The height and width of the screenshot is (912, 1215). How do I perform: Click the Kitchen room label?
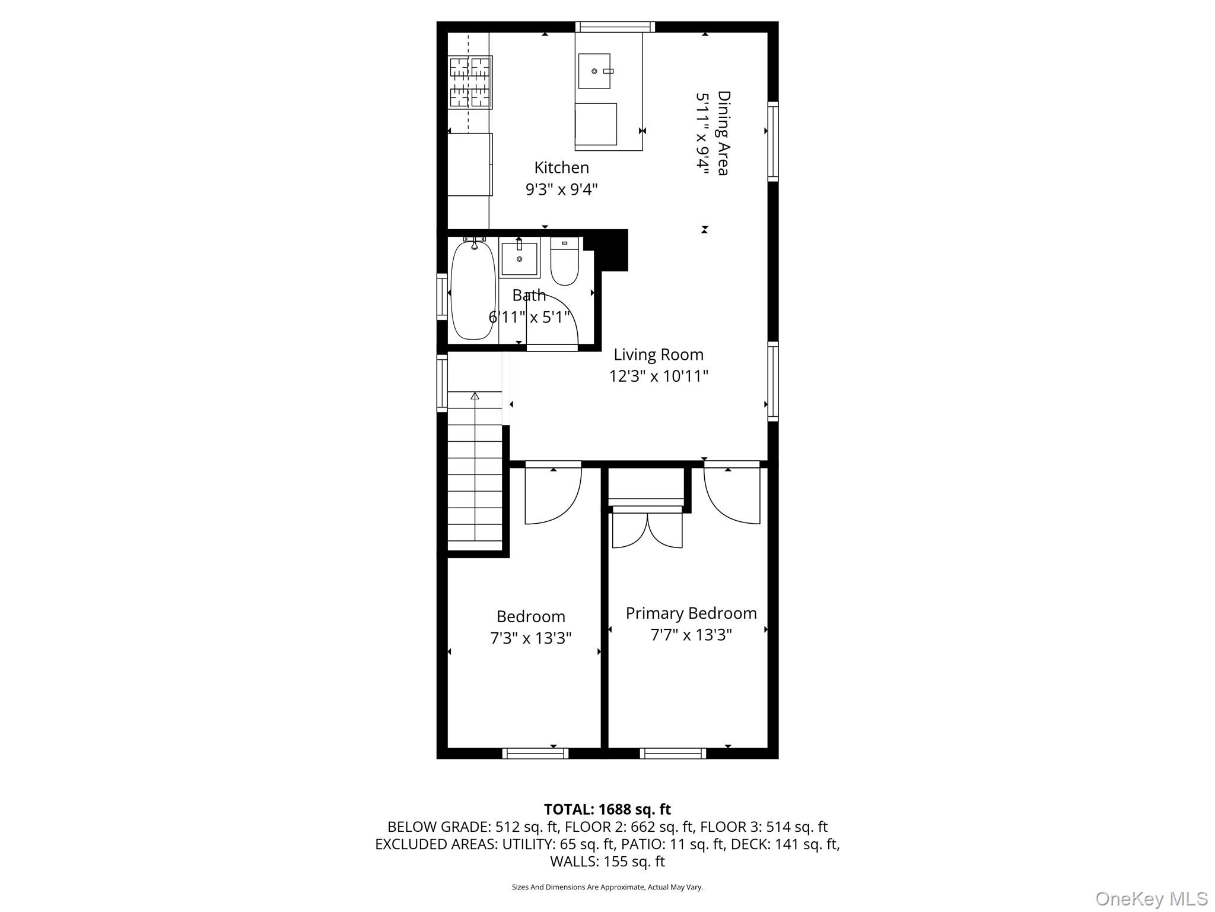561,168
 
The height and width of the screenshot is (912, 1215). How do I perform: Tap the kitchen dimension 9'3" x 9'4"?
561,190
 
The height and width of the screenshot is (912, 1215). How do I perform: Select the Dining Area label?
723,133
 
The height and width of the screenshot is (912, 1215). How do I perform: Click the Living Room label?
659,355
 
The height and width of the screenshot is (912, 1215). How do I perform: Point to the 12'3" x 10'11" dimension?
659,376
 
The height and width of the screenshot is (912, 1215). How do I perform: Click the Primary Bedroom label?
691,613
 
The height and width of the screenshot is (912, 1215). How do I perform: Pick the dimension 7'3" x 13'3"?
530,638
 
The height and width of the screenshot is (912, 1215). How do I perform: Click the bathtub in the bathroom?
473,291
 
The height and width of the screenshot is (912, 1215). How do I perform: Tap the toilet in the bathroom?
564,262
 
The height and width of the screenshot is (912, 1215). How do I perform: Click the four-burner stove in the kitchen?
470,82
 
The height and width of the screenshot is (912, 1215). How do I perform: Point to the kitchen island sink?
594,71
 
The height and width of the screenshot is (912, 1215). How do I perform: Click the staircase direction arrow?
475,397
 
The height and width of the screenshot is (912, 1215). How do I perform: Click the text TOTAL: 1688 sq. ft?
607,809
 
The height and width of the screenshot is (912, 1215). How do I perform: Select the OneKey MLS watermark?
1151,899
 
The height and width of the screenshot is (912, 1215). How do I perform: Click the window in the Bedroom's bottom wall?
535,753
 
